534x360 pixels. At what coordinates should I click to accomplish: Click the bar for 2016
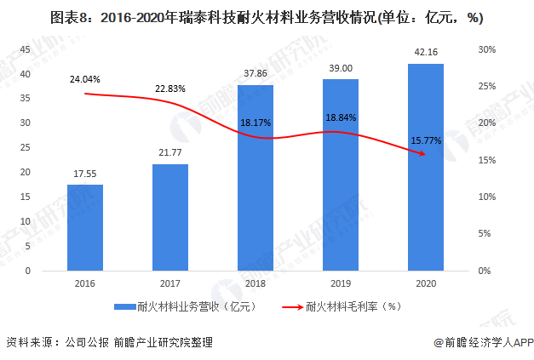pyautogui.click(x=84, y=227)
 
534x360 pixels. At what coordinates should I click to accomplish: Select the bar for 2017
pyautogui.click(x=170, y=217)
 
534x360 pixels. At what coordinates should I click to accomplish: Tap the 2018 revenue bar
pyautogui.click(x=256, y=178)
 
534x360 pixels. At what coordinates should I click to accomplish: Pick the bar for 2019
pyautogui.click(x=341, y=174)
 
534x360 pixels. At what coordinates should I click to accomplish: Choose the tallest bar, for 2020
pyautogui.click(x=426, y=167)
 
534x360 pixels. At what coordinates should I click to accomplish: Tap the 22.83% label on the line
pyautogui.click(x=170, y=89)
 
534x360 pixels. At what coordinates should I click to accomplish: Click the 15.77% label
pyautogui.click(x=426, y=140)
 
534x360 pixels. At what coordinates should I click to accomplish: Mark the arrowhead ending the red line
pyautogui.click(x=423, y=153)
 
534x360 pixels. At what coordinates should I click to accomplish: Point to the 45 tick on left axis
pyautogui.click(x=25, y=49)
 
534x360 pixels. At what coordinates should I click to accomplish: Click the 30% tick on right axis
pyautogui.click(x=487, y=49)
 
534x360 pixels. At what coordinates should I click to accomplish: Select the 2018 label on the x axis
pyautogui.click(x=256, y=283)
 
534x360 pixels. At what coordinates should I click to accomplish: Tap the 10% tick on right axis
pyautogui.click(x=487, y=197)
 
